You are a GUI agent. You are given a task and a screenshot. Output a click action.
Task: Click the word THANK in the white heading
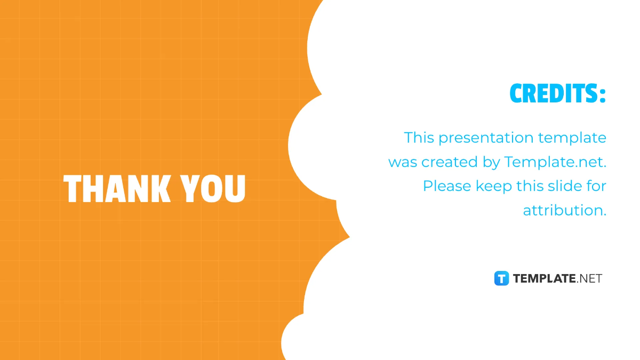tap(117, 189)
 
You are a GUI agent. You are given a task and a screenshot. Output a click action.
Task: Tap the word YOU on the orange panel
tap(213, 189)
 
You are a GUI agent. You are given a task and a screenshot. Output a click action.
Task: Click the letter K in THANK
tap(160, 189)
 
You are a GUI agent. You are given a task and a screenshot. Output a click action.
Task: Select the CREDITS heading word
tap(554, 93)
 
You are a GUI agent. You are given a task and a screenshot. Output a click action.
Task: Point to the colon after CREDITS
tap(603, 95)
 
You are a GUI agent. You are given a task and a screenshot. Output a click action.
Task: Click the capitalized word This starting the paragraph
tap(419, 138)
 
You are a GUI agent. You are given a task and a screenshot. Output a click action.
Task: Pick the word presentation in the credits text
tap(486, 138)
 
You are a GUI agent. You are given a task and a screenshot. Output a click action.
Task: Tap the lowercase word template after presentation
tap(572, 138)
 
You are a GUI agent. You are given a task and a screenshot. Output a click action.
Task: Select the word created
tap(450, 162)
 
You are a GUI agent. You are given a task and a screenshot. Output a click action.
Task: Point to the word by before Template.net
tap(491, 163)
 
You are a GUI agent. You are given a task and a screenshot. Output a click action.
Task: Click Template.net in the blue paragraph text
tap(555, 162)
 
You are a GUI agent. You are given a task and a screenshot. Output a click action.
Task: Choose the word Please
tap(447, 186)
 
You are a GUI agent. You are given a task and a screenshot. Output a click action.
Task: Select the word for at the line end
tap(596, 186)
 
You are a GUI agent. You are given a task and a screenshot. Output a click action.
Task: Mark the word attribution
tap(565, 210)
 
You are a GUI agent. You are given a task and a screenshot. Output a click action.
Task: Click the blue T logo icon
tap(501, 278)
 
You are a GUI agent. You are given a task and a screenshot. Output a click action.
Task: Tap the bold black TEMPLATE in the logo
tap(545, 278)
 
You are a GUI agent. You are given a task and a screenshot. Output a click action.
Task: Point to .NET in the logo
tap(589, 278)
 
